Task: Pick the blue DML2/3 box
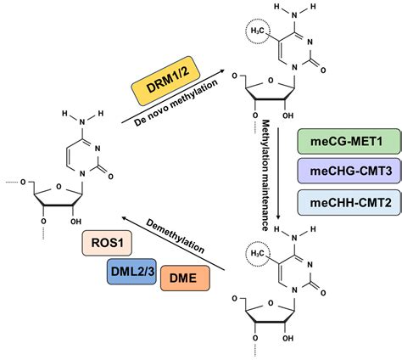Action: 135,271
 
